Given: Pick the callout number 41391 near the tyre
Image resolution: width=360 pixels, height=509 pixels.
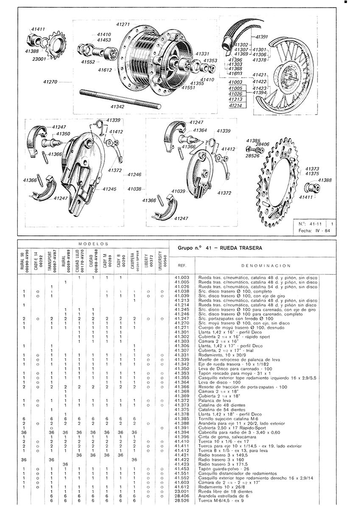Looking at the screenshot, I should (261, 37).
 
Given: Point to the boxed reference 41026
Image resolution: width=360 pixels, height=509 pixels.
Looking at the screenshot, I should (236, 94).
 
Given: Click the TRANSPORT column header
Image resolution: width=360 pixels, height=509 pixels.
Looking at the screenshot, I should (51, 261).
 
